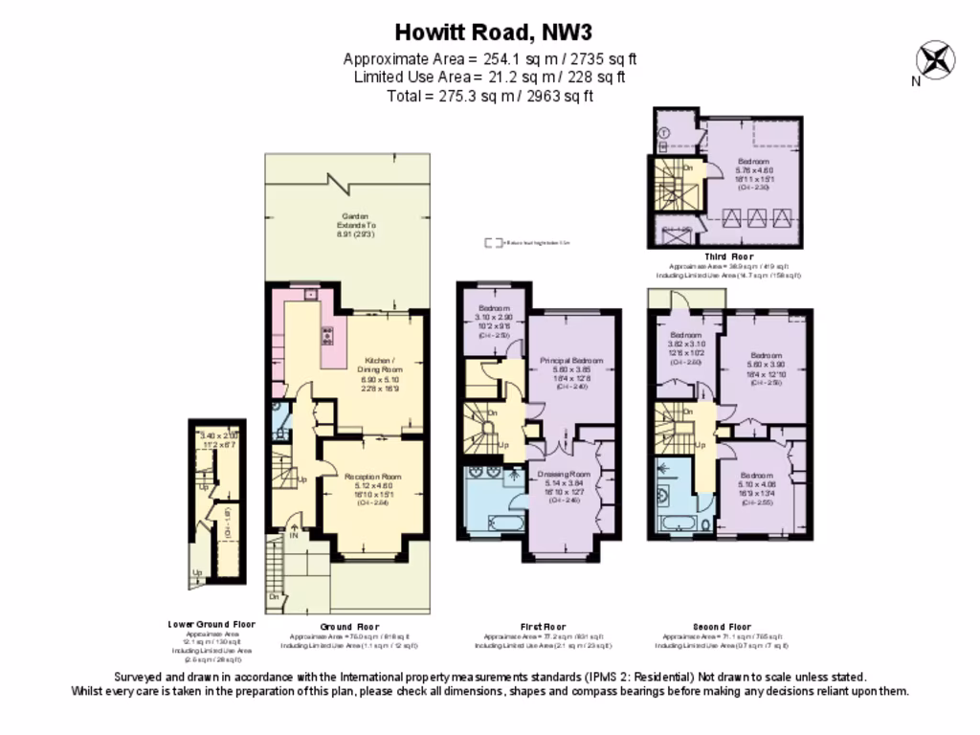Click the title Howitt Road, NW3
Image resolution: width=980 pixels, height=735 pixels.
point(490,32)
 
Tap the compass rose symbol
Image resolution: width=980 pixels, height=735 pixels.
point(936,59)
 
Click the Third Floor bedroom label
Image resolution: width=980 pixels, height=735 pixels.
point(753,162)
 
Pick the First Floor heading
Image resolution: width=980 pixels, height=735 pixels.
point(544,626)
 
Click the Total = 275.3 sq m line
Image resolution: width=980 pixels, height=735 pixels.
point(490,96)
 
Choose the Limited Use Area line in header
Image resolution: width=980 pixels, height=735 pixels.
point(490,78)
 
